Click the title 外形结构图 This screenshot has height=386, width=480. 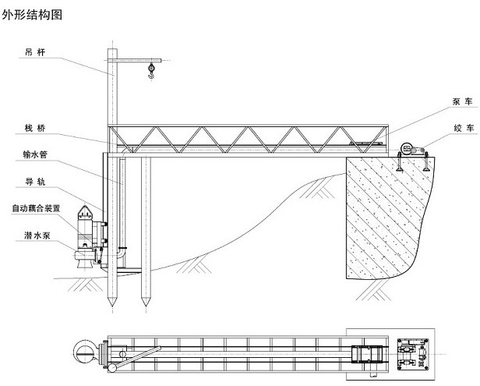32,15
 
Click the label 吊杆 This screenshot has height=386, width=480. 35,52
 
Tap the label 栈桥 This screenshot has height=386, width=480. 35,128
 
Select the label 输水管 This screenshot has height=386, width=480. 35,154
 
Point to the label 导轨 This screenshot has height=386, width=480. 35,182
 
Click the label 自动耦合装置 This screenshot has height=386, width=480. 36,209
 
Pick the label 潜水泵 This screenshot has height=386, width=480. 37,235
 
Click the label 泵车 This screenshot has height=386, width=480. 463,101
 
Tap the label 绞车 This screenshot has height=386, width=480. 464,128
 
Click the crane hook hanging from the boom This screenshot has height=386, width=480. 151,71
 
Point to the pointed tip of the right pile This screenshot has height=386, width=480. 146,303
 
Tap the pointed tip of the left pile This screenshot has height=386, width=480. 111,303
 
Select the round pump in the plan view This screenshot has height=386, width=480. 85,353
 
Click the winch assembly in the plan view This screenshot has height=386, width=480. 413,354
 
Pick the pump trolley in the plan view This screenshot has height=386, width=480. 367,354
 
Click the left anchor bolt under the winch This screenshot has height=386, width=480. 399,161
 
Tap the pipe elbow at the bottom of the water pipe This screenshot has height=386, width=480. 120,253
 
